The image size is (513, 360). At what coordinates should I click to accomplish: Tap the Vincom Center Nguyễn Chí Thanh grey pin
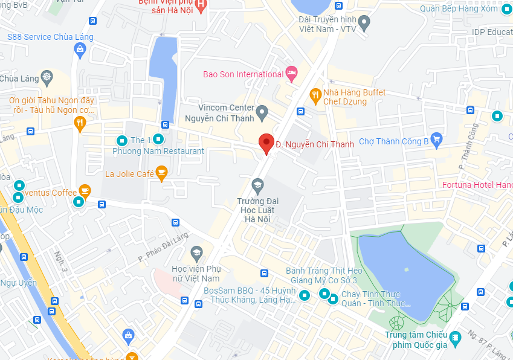[x=262, y=112]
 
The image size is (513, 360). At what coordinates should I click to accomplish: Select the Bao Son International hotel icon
[x=291, y=74]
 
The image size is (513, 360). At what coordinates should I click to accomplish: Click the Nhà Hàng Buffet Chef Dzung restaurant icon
[x=315, y=95]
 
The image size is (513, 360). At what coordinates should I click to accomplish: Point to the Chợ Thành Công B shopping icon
[x=437, y=141]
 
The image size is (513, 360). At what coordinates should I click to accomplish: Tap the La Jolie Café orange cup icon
[x=161, y=174]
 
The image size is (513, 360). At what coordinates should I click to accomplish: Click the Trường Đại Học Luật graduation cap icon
[x=258, y=185]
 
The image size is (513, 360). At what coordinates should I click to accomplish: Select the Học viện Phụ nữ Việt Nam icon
[x=196, y=252]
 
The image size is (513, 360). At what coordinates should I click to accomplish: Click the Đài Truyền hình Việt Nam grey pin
[x=364, y=24]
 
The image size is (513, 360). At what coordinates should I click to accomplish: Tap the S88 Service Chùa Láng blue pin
[x=79, y=51]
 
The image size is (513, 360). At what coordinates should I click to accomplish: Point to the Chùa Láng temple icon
[x=47, y=77]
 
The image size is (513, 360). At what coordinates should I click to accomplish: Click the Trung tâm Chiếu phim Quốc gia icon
[x=456, y=336]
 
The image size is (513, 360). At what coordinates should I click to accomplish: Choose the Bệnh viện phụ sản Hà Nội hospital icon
[x=202, y=4]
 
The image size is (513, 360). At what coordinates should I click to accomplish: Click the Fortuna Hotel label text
[x=477, y=184]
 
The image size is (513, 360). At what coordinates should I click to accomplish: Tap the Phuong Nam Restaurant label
[x=158, y=151]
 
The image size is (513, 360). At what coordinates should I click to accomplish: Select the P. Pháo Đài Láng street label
[x=163, y=247]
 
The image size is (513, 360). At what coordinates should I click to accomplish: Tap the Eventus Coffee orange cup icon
[x=85, y=192]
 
